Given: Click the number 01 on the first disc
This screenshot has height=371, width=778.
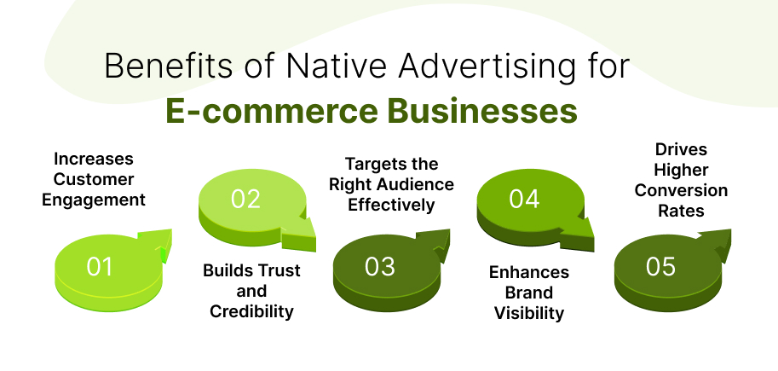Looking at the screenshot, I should pyautogui.click(x=100, y=267).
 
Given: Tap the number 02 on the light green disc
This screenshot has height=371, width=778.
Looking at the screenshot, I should pyautogui.click(x=245, y=199).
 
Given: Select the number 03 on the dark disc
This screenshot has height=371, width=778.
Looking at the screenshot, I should pyautogui.click(x=379, y=267).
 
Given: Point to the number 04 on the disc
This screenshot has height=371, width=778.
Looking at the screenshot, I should pyautogui.click(x=524, y=199).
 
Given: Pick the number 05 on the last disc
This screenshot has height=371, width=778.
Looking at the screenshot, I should pyautogui.click(x=660, y=267).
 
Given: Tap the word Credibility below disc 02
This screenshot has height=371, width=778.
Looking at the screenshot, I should pyautogui.click(x=251, y=311).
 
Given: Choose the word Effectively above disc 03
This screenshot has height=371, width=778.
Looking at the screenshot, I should pyautogui.click(x=393, y=205).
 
